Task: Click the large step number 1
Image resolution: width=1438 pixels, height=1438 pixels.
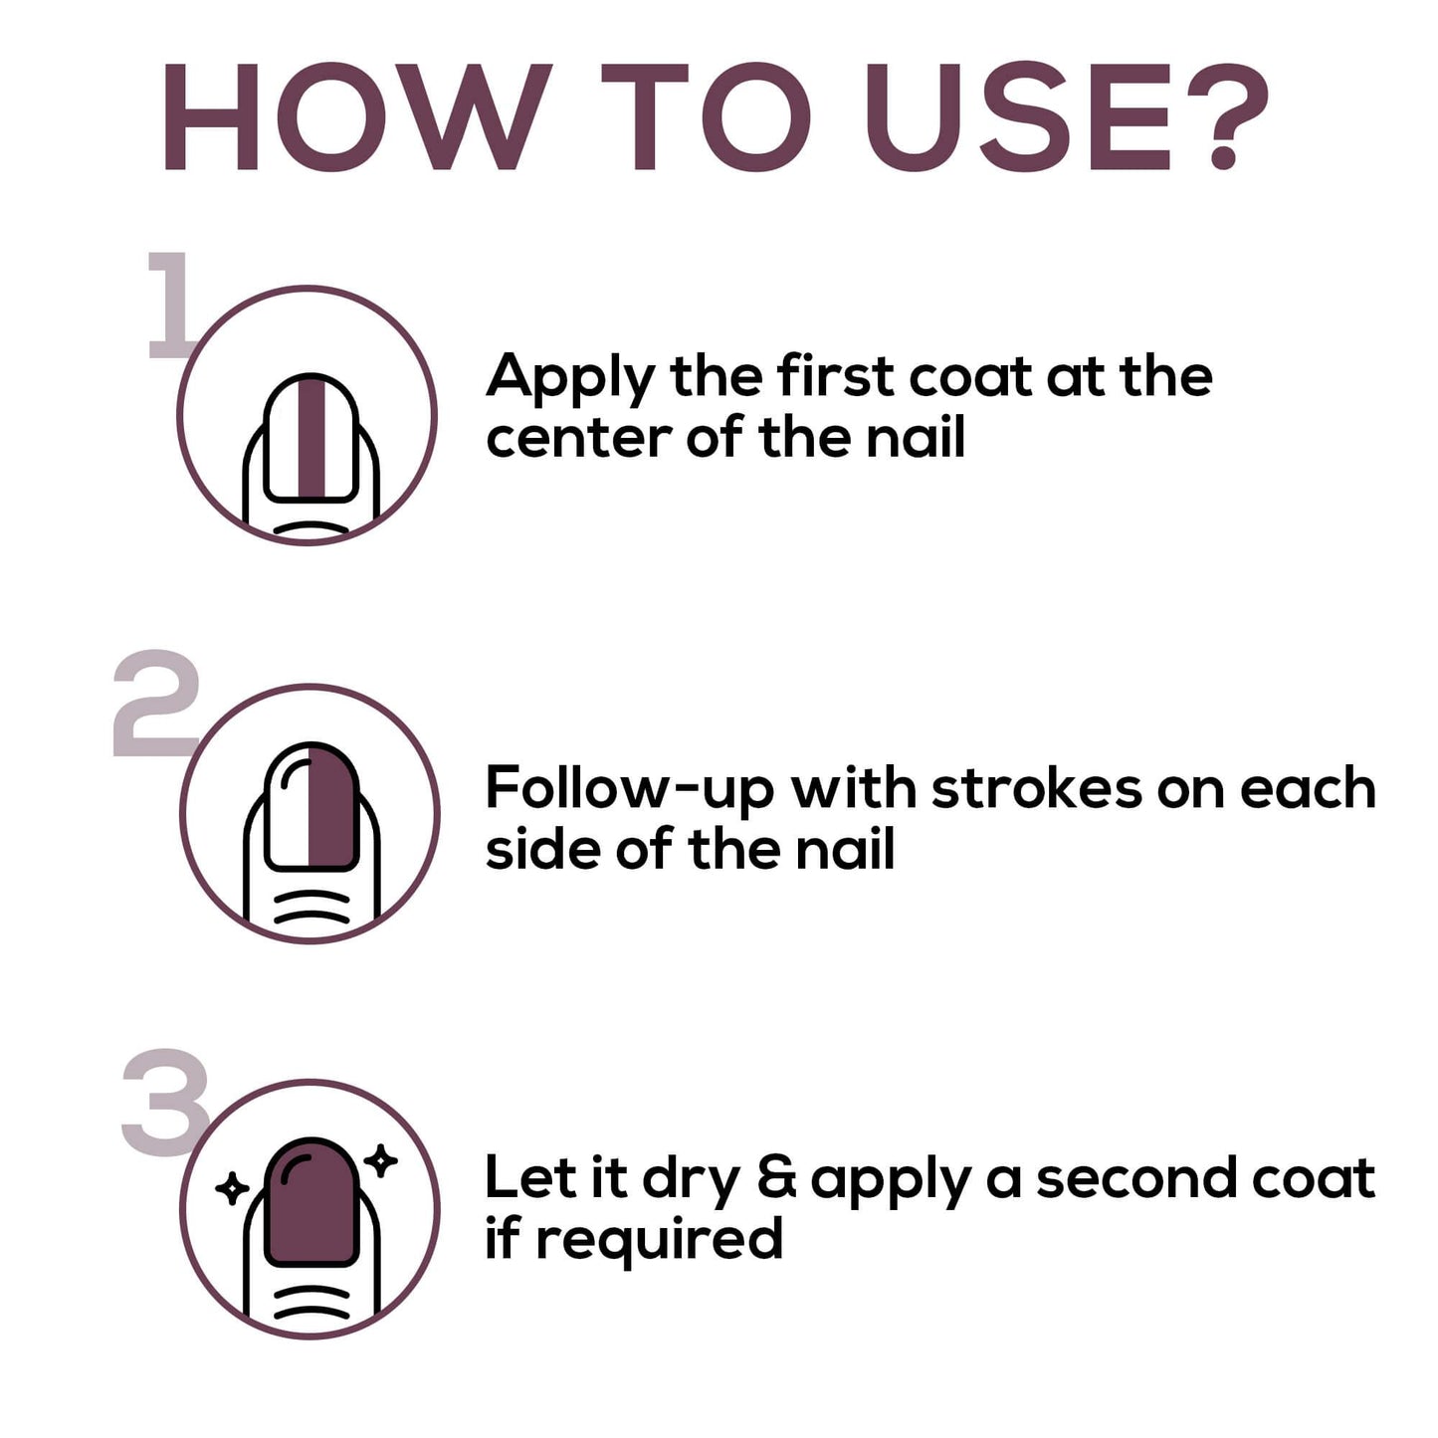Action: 170,305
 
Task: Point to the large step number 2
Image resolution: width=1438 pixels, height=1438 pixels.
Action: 156,703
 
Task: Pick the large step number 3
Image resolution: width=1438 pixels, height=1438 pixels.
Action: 165,1102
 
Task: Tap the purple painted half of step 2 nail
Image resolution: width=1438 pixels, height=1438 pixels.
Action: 332,807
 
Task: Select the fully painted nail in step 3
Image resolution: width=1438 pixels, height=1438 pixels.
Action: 311,1201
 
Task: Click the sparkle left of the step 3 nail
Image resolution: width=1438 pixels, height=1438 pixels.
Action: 231,1188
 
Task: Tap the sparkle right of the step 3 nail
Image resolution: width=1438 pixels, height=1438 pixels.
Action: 380,1160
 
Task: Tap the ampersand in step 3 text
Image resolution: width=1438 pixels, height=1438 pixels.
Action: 777,1178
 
